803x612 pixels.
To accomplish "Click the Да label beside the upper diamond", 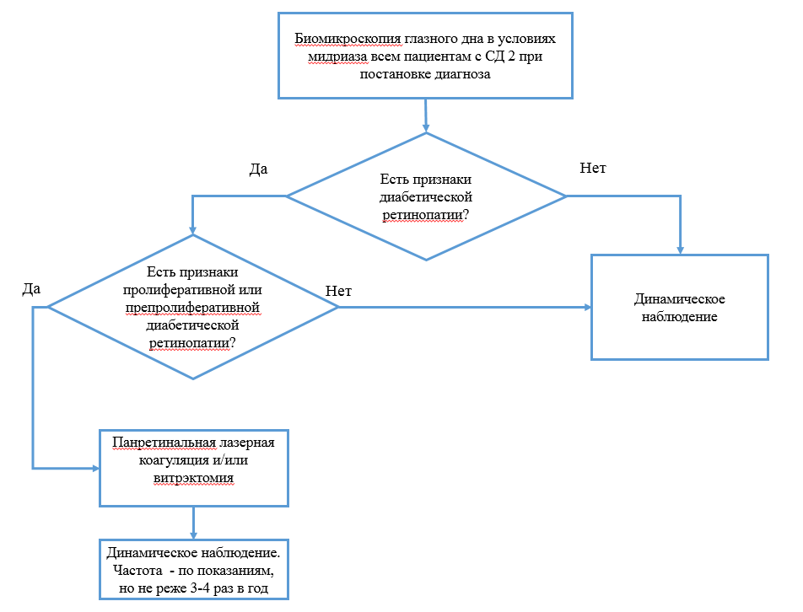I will (x=258, y=169).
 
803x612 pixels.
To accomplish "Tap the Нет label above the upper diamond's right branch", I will (x=592, y=168).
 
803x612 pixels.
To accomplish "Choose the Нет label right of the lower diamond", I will (x=337, y=291).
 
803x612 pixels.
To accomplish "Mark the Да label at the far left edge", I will (x=31, y=289).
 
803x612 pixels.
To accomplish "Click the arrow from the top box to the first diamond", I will (x=426, y=115).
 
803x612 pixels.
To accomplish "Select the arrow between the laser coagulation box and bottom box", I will (x=194, y=522).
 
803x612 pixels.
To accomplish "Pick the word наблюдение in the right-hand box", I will (x=679, y=318).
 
